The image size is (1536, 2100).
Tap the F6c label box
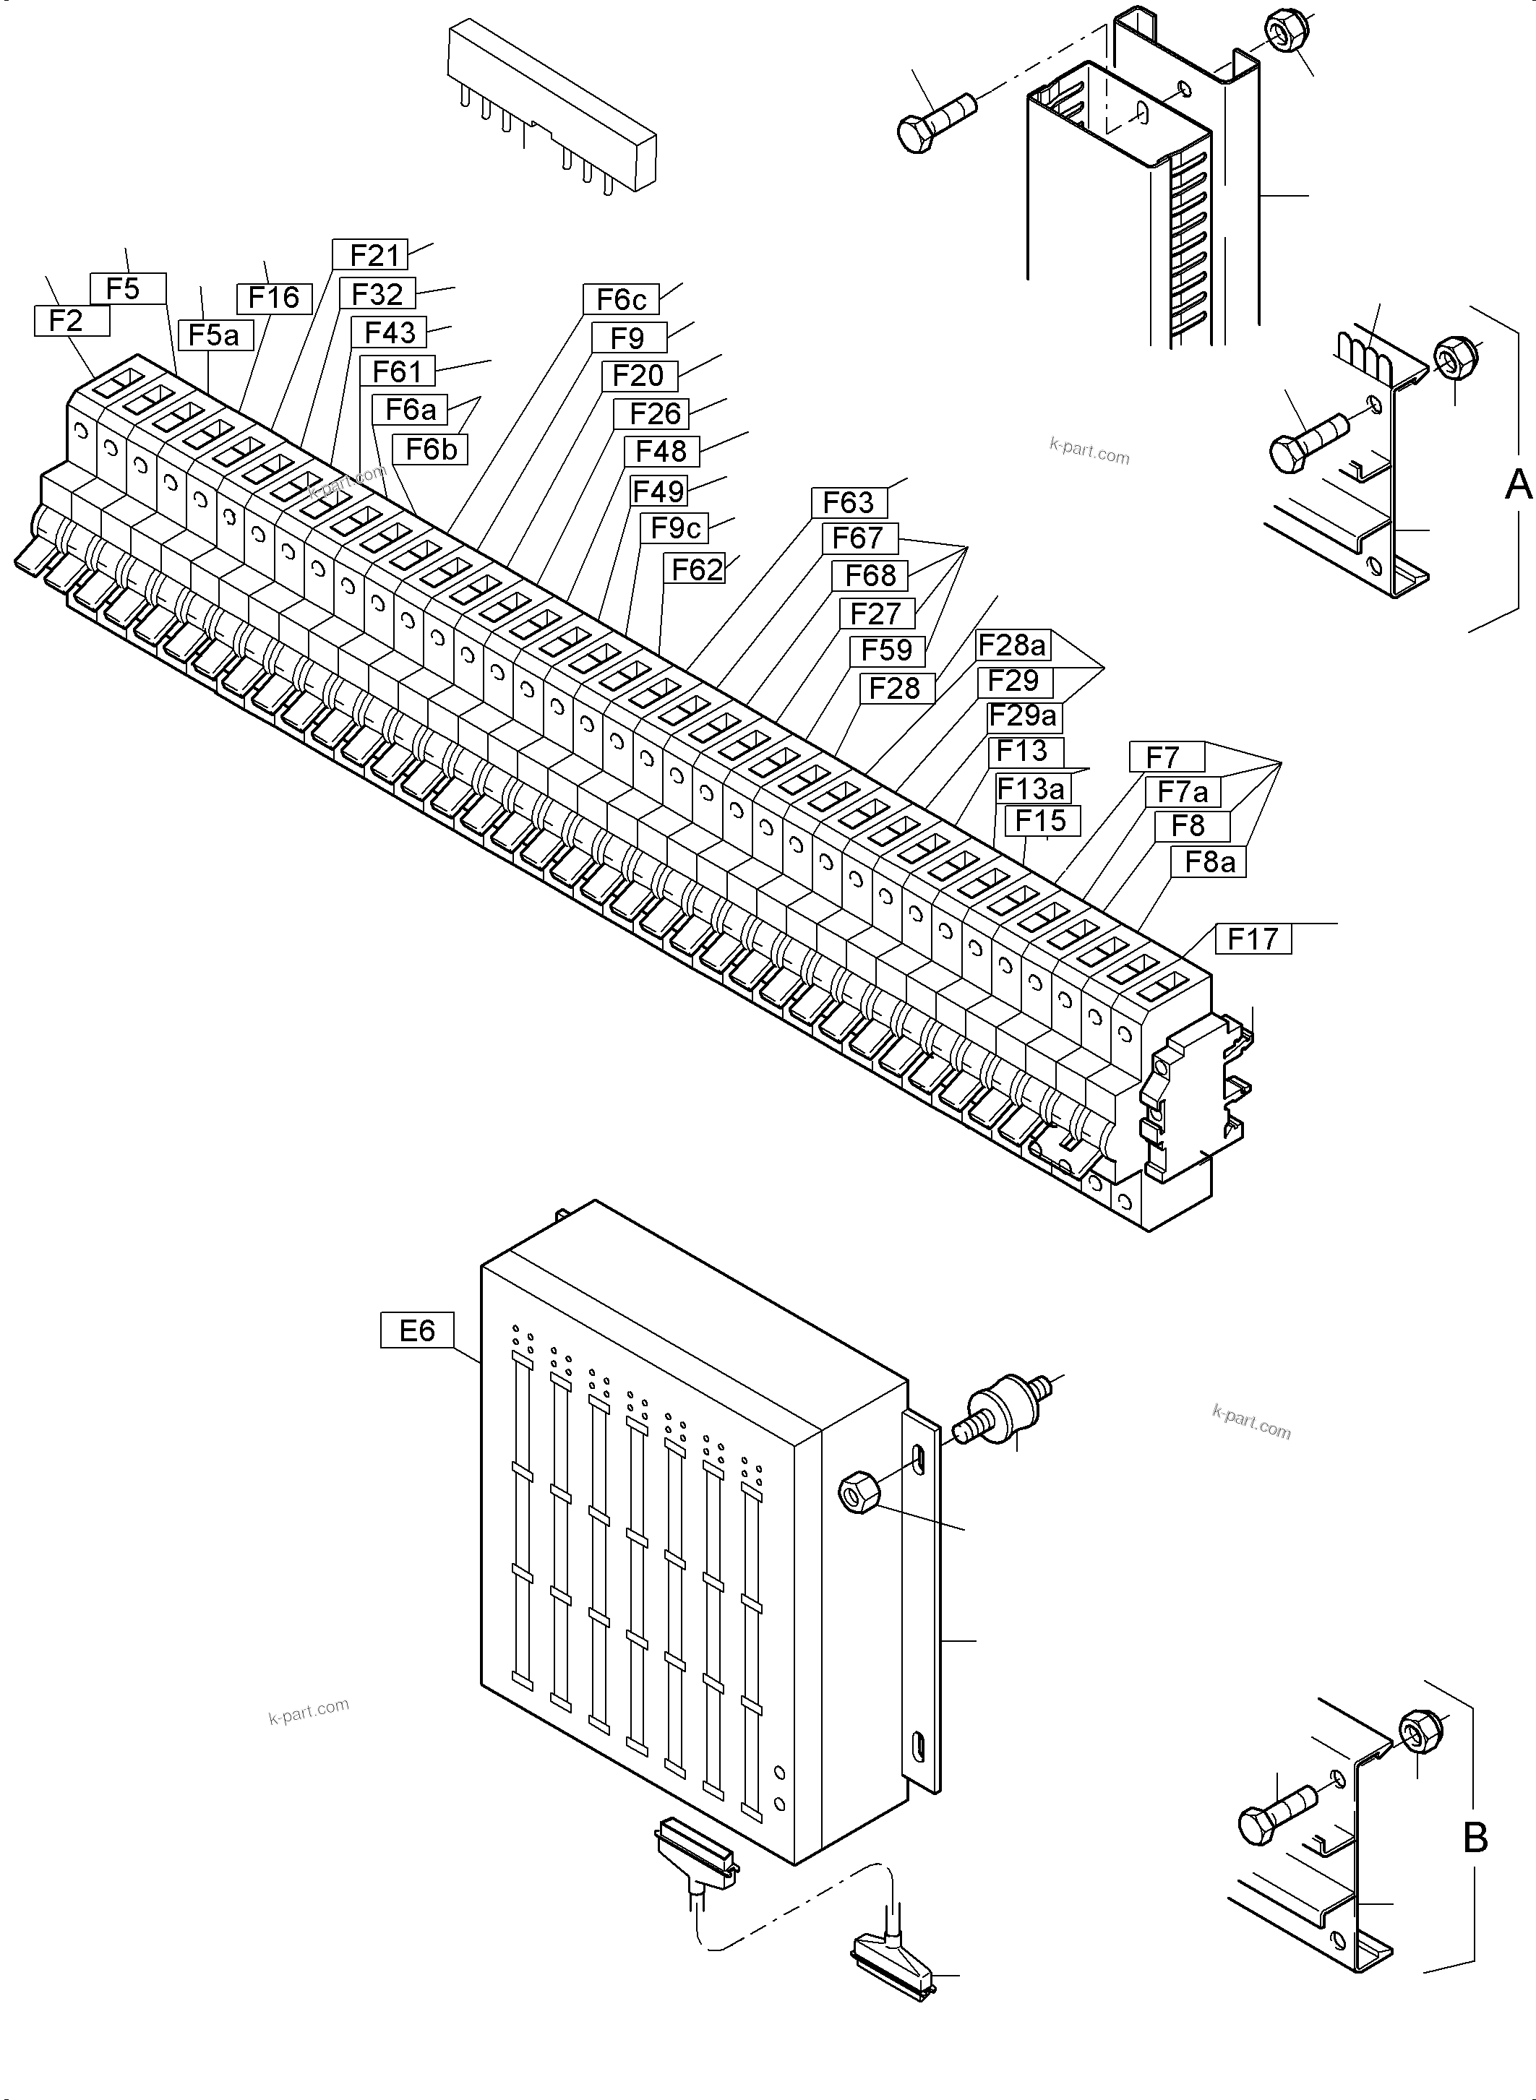(620, 299)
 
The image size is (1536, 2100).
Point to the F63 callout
(848, 503)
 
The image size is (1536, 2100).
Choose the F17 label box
(1253, 939)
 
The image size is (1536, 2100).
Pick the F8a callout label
(1209, 863)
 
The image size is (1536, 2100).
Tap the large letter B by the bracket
(1475, 1838)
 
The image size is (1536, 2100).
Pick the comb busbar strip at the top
(552, 106)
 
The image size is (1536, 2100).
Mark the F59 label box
(887, 650)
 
